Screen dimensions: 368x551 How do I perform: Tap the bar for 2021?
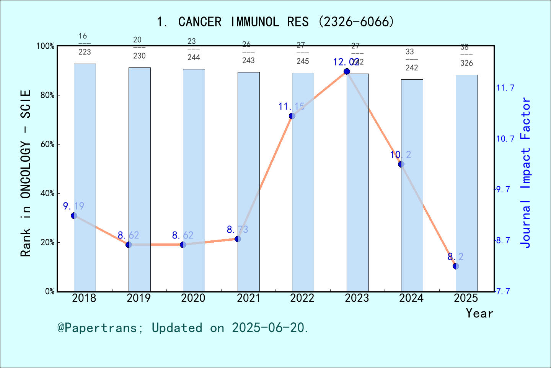(248, 182)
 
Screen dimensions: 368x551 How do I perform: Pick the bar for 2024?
(412, 186)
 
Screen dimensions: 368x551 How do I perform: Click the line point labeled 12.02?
(347, 72)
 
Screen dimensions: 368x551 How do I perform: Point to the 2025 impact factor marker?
(456, 266)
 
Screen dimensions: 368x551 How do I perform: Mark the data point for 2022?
(292, 116)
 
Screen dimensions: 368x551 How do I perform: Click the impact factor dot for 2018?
(74, 216)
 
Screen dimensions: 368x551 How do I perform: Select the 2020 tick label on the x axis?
(193, 298)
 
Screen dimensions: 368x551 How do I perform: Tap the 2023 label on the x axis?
(357, 298)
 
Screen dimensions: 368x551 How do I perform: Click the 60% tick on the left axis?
(47, 145)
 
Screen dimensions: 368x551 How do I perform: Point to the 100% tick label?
(46, 46)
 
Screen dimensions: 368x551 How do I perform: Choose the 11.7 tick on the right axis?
(505, 88)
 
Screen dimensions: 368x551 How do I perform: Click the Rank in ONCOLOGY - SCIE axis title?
(26, 173)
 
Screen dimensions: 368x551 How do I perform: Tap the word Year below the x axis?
(479, 313)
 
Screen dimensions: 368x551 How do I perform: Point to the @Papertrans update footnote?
(183, 328)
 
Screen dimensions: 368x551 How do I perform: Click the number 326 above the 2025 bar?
(466, 63)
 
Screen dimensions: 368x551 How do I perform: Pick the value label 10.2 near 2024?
(400, 155)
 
